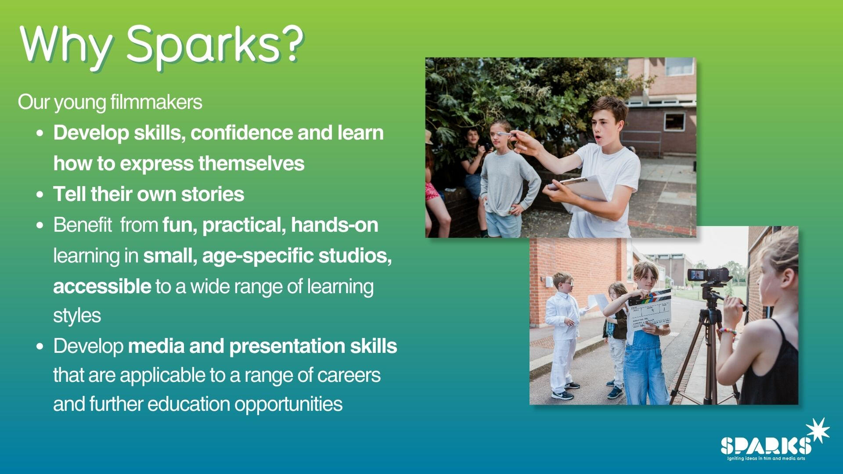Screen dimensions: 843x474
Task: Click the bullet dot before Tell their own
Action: (40, 194)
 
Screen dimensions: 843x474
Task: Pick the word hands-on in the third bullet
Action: (334, 225)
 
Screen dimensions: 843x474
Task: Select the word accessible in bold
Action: (102, 286)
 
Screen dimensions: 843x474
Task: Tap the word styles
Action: (77, 316)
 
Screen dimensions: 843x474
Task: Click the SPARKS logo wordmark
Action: (765, 446)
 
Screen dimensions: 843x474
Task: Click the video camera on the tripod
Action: (708, 275)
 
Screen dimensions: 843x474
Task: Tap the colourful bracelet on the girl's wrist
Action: (727, 332)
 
